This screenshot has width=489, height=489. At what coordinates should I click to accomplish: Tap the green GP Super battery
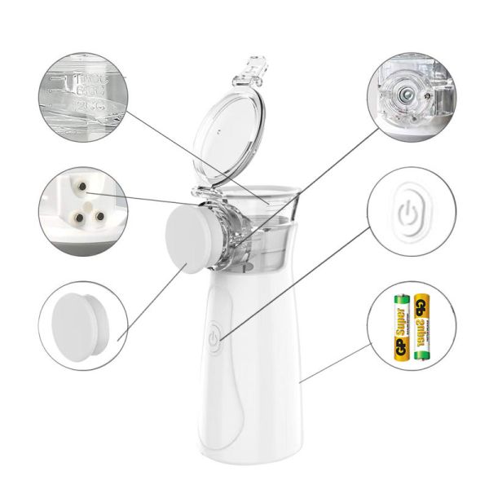click(x=400, y=327)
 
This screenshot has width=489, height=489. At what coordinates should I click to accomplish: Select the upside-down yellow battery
click(x=421, y=327)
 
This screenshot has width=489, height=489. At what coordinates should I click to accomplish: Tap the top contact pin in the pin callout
click(x=81, y=189)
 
